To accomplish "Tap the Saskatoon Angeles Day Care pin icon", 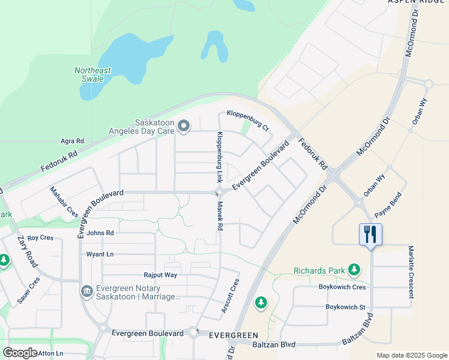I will pyautogui.click(x=184, y=126).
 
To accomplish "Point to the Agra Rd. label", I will pyautogui.click(x=73, y=141).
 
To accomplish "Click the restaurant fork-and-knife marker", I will pyautogui.click(x=370, y=234).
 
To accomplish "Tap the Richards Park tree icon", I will pyautogui.click(x=355, y=271).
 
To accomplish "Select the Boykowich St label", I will pyautogui.click(x=345, y=307).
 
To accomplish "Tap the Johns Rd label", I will pyautogui.click(x=100, y=233).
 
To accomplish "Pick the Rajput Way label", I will pyautogui.click(x=160, y=275).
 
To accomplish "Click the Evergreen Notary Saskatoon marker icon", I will pyautogui.click(x=86, y=292).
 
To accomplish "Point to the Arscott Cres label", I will pyautogui.click(x=230, y=296).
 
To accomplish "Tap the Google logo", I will pyautogui.click(x=20, y=353).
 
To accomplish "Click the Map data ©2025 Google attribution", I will pyautogui.click(x=411, y=355).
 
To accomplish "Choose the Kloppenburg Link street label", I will pyautogui.click(x=220, y=157).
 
